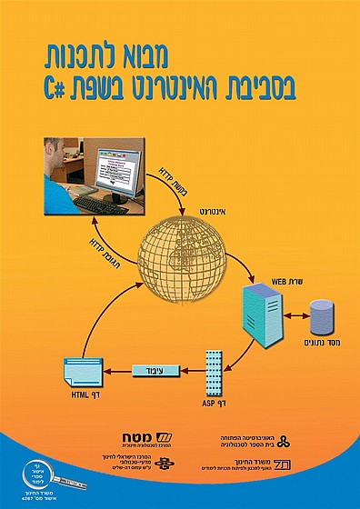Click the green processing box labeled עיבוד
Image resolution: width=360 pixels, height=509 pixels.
click(155, 371)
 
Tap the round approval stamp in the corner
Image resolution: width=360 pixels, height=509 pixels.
click(25, 481)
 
